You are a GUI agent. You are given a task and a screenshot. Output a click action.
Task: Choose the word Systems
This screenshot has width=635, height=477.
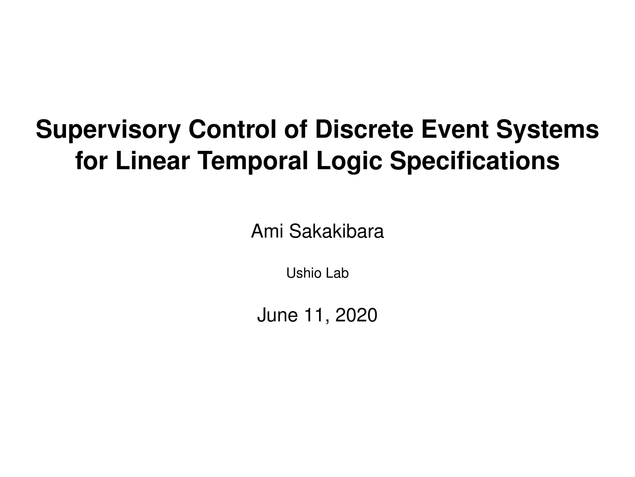click(x=547, y=130)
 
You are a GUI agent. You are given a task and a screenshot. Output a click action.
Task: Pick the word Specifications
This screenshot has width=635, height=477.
click(x=474, y=161)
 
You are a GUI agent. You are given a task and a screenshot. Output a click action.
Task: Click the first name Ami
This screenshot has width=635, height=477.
click(x=267, y=232)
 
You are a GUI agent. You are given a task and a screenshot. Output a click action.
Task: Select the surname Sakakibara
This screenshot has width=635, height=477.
click(x=336, y=232)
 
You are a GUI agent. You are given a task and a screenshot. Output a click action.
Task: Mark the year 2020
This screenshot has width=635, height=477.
click(x=356, y=315)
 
